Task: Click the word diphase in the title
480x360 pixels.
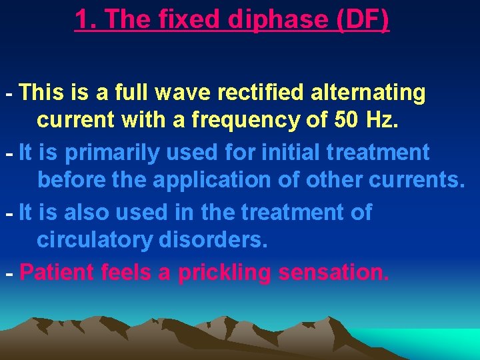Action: pos(279,20)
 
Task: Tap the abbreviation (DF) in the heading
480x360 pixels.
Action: pos(363,20)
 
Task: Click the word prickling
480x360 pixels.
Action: pos(219,272)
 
